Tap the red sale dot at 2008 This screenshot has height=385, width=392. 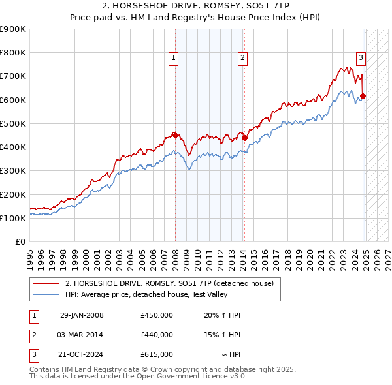click(175, 135)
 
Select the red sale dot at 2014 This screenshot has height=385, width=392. click(244, 138)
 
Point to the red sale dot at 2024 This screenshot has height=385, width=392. click(363, 97)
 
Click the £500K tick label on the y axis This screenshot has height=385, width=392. click(12, 123)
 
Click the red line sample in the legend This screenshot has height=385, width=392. click(46, 283)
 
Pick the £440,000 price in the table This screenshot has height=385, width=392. click(156, 335)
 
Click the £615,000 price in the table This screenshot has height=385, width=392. click(156, 354)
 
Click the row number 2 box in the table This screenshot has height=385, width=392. click(33, 335)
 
